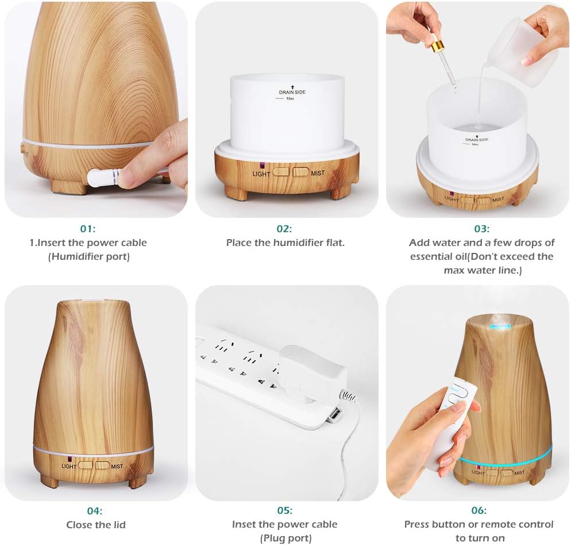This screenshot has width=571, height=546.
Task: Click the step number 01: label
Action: point(88,229)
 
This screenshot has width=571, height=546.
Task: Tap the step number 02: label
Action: point(284,229)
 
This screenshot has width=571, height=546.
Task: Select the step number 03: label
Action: point(482,229)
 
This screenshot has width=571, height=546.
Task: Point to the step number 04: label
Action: point(95,511)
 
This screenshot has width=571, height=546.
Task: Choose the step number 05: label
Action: point(285,510)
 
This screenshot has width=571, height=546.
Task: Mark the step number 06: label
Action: point(479,510)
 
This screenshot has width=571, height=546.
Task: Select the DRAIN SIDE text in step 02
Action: point(292,92)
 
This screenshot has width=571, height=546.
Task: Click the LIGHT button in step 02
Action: point(281,172)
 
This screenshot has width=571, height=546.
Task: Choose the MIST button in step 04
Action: point(103,465)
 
